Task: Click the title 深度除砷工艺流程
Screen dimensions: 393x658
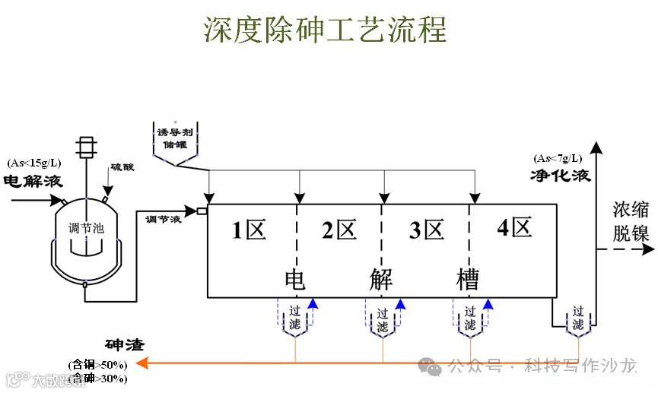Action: [325, 28]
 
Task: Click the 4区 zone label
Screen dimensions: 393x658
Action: [514, 228]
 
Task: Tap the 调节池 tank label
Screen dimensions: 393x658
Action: [84, 227]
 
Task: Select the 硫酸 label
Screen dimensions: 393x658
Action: [122, 166]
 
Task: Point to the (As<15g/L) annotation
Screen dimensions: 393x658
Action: [34, 163]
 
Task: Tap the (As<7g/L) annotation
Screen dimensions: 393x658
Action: [558, 159]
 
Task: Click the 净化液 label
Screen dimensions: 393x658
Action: [561, 176]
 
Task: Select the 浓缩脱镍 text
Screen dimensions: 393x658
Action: [631, 221]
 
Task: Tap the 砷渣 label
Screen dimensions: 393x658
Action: [125, 344]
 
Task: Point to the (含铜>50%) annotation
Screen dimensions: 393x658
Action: [98, 365]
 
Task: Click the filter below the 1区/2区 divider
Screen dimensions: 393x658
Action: [295, 319]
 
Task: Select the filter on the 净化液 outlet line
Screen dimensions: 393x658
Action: [578, 319]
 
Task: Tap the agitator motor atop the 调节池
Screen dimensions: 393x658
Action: [86, 147]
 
